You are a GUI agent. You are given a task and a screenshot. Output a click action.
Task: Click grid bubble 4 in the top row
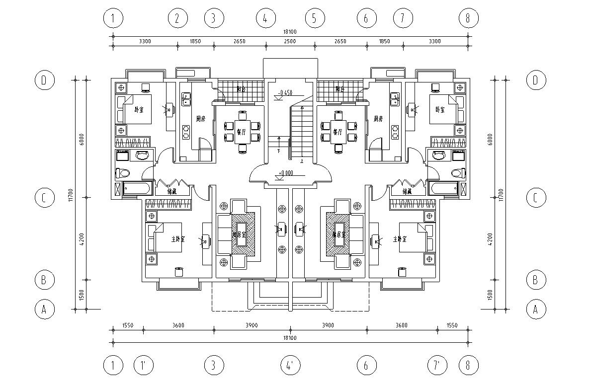coord(265,19)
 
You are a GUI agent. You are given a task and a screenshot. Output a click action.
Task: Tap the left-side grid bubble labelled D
coord(44,80)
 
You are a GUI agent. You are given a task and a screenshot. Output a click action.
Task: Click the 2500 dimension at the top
coord(290,41)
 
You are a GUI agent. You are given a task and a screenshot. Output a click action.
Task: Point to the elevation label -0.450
coord(285,92)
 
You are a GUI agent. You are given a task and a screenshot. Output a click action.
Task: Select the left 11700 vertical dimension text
coord(71,195)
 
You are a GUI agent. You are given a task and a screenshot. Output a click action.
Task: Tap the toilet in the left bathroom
coord(122,173)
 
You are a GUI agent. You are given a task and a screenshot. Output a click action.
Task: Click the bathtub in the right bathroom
coord(444,189)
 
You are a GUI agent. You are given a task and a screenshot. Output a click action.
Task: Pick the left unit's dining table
coord(242,132)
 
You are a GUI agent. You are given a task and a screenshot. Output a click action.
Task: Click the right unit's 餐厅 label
coord(338,132)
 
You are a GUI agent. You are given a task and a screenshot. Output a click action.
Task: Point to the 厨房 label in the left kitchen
coord(200,119)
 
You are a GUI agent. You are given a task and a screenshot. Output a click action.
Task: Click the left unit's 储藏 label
coord(172,191)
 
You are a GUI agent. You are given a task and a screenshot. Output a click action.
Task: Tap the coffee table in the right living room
coord(339,233)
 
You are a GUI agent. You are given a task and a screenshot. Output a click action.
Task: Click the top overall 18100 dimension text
coord(290,31)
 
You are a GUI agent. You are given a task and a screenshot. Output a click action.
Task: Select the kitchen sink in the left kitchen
coord(186,100)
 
